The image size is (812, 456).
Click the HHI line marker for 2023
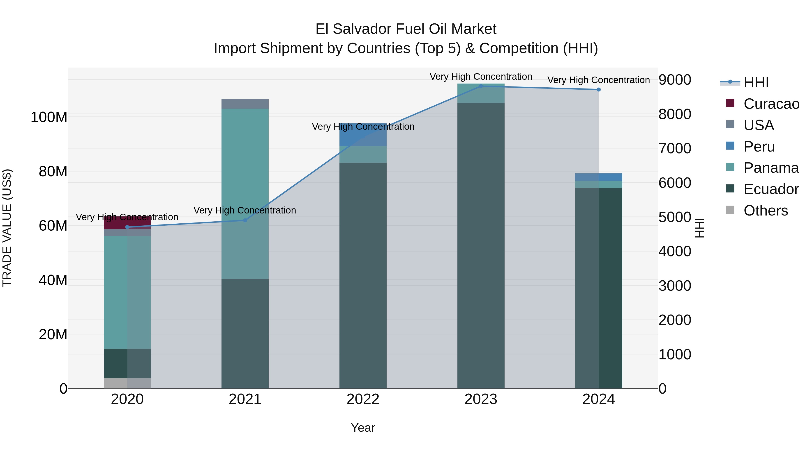coord(481,86)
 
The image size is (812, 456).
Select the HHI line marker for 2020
coord(127,227)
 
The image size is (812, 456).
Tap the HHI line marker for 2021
coord(245,220)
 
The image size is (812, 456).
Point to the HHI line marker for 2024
coord(599,90)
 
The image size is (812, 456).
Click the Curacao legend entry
coord(771,104)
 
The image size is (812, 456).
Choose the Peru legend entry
coord(759,147)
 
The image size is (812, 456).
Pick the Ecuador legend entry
coord(771,189)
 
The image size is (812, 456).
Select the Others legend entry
coord(765,211)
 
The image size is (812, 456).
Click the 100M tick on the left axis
coord(49,117)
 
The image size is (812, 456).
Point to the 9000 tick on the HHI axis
coord(675,80)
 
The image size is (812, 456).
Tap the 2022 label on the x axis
coord(363,399)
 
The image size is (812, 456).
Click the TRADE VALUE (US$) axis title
coord(7,228)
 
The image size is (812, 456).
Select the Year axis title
coord(363,428)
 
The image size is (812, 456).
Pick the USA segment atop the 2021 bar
coord(245,104)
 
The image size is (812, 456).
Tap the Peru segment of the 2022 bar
coord(363,135)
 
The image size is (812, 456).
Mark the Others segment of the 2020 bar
coord(127,383)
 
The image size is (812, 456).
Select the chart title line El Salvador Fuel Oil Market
coord(406,29)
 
